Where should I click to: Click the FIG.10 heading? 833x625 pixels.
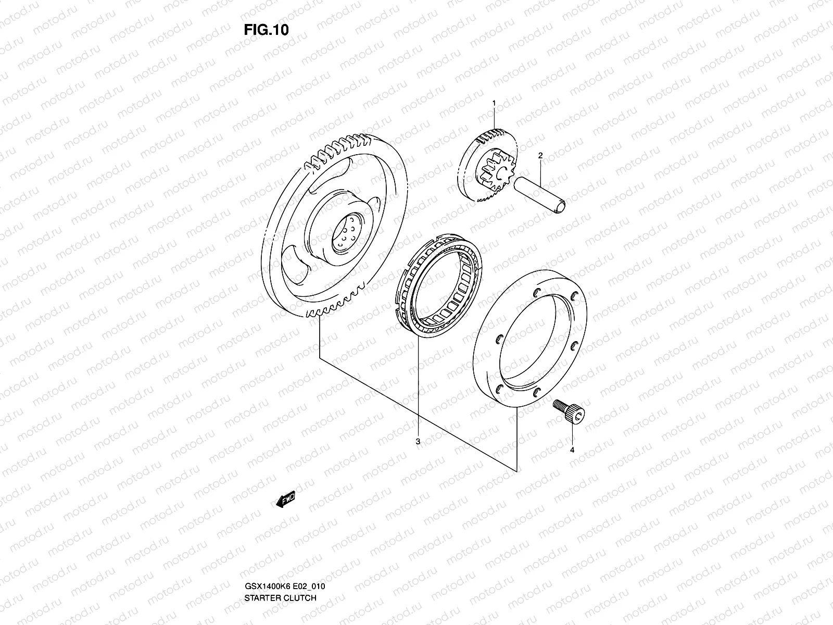(x=266, y=30)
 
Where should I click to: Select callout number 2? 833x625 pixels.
(x=540, y=155)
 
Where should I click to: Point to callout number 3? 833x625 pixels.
(x=418, y=442)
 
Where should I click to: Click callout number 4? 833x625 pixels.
(x=572, y=450)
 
